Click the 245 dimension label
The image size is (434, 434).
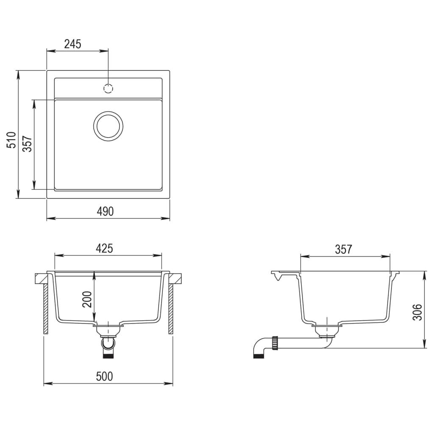coord(72,43)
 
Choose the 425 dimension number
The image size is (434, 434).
coord(104,248)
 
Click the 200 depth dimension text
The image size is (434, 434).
coord(87,300)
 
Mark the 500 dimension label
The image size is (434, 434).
coord(104,376)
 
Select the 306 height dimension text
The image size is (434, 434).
coord(418,312)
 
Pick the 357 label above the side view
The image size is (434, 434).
coord(343,249)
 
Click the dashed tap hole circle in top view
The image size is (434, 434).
coord(108,89)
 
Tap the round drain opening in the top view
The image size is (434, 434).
coord(108,126)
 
